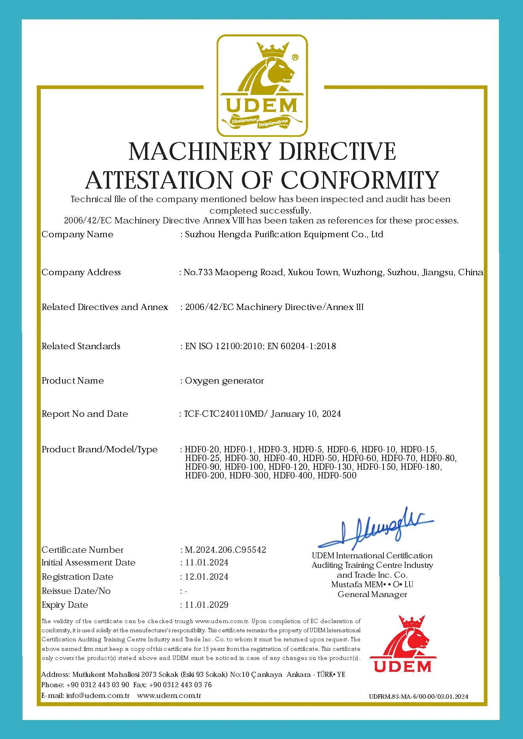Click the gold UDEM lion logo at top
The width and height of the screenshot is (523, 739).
coord(262,85)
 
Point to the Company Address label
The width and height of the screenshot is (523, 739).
coord(81,272)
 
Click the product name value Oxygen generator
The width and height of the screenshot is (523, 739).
coord(224,381)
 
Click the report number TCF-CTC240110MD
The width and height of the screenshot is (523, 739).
coord(226,414)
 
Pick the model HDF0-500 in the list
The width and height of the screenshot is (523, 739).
coord(337,476)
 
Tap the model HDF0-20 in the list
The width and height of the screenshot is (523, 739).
coord(202,450)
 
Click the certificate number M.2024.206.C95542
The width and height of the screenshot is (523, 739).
coord(225,550)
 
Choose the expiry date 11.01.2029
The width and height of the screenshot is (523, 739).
coord(206,605)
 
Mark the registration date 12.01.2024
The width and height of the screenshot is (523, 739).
coord(206,577)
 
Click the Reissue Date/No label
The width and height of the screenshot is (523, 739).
coord(76,591)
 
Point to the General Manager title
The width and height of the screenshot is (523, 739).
coord(372,594)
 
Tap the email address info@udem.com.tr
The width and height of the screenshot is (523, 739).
coord(98,696)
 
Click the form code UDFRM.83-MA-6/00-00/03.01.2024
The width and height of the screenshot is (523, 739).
coord(418,696)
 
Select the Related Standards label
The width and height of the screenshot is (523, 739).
coord(81,346)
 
